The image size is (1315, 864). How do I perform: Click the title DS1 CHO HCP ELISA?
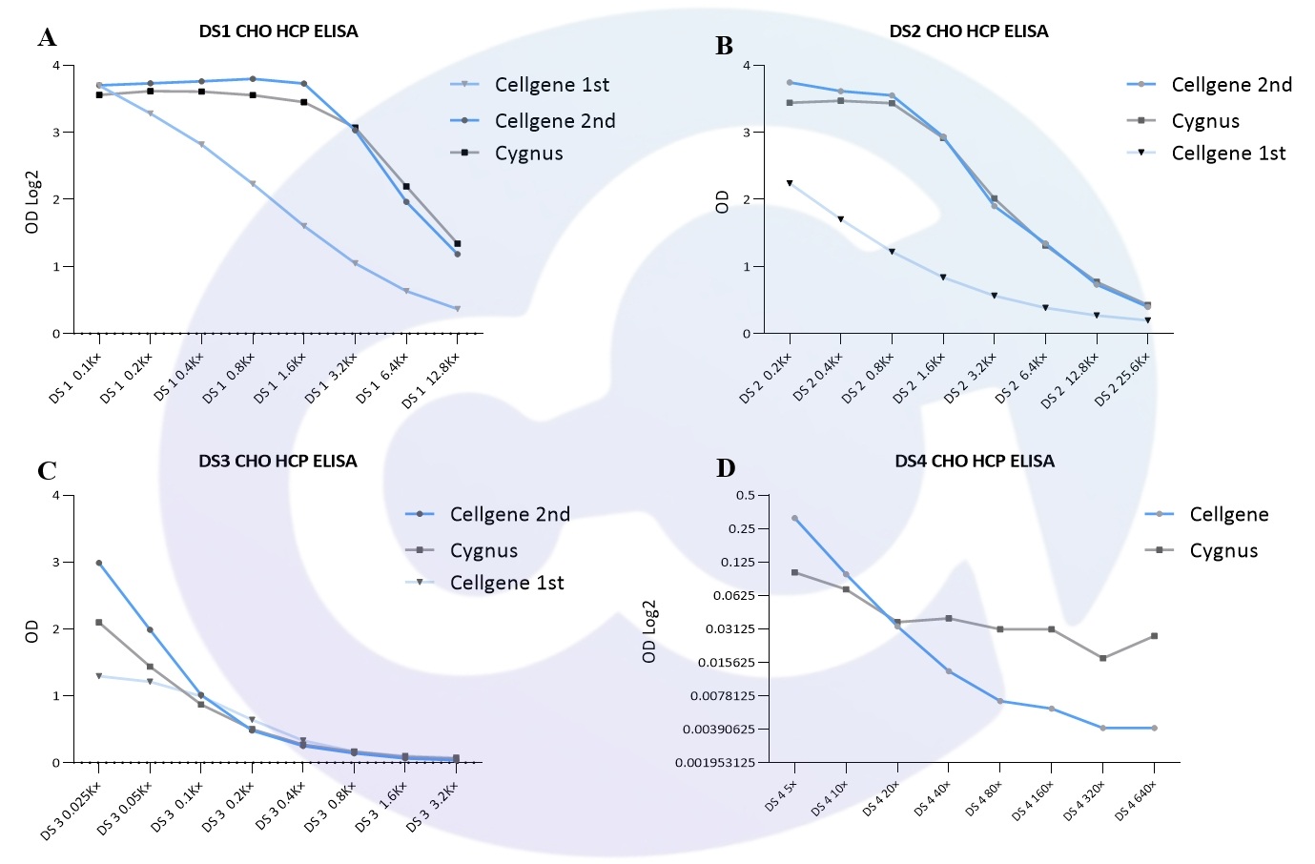coord(278,31)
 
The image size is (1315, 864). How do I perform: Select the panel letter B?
coord(724,46)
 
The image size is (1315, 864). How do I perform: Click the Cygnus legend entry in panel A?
coord(528,154)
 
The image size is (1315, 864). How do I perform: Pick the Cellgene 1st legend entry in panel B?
coord(1228,154)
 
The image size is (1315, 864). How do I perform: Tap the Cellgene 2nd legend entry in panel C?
coord(509,515)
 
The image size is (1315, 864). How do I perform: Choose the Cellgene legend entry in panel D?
coord(1228,515)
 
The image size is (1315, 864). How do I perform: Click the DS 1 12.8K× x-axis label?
coord(432,380)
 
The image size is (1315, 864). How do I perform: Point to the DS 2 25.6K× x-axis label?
coord(1122,379)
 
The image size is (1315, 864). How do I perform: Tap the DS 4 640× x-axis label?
coord(1135,800)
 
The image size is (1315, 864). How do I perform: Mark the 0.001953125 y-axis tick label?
coord(715,763)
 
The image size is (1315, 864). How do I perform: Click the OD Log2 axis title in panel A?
coord(32,201)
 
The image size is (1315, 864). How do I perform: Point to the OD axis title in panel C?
coord(32,630)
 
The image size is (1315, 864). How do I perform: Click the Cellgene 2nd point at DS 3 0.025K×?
coord(99,563)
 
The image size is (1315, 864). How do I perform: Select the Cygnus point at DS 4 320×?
coord(1103,658)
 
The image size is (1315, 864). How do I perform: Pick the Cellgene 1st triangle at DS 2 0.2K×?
coord(790,183)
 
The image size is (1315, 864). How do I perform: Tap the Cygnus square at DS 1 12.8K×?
coord(458,244)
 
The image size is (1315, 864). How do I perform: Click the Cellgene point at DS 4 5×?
coord(794,519)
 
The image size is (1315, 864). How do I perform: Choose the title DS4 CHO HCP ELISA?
coord(975,462)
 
